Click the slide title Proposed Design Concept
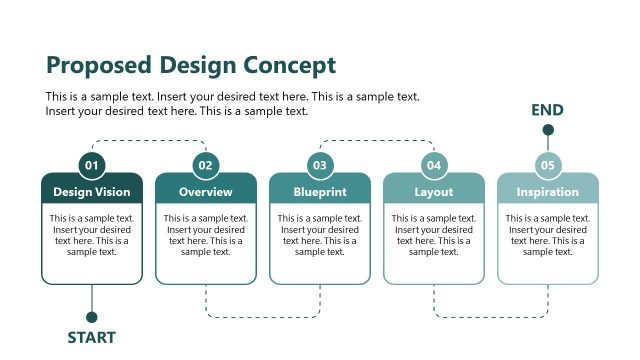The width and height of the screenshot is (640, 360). [191, 66]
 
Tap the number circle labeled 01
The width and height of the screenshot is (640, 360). [92, 165]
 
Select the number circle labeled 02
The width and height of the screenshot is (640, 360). [206, 165]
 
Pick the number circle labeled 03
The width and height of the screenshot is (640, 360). [320, 165]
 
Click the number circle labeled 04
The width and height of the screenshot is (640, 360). [434, 165]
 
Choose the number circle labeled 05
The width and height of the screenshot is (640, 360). [548, 165]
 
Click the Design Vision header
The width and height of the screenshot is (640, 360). [92, 191]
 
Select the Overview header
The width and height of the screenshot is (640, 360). [206, 191]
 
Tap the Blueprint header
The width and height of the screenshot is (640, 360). [320, 191]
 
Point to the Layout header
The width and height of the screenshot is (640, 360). [434, 191]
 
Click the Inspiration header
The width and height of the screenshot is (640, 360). [548, 191]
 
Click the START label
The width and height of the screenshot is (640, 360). [92, 338]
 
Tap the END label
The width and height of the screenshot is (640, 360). [548, 110]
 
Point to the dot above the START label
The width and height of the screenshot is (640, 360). [92, 317]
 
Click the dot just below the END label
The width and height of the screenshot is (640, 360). [548, 130]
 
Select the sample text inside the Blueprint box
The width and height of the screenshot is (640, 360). [320, 235]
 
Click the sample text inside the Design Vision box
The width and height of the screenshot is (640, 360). [92, 235]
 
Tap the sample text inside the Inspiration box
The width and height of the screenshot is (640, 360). [548, 235]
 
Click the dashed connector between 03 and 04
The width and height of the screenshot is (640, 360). [377, 141]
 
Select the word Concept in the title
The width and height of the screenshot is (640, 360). [287, 66]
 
